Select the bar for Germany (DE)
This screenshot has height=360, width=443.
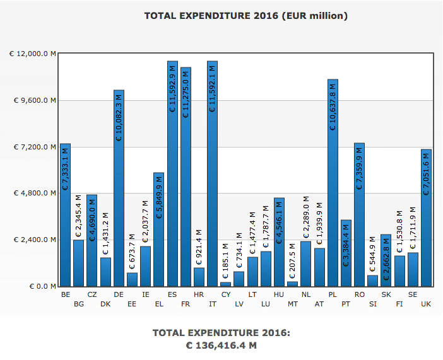click(x=119, y=189)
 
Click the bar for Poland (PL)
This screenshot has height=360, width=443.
click(x=333, y=183)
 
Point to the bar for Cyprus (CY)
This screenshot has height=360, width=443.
click(x=225, y=284)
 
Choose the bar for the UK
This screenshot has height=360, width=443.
click(x=426, y=218)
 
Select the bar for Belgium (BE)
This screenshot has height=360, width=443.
click(x=65, y=214)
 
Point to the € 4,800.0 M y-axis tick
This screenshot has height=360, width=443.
click(x=33, y=194)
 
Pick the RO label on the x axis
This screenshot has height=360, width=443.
click(x=359, y=294)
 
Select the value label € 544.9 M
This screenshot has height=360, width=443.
click(x=373, y=250)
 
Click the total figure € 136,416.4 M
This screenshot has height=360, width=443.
click(x=222, y=345)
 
